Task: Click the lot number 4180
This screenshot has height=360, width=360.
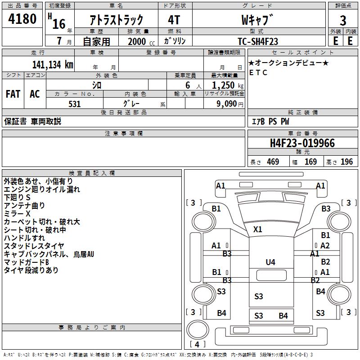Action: click(22, 18)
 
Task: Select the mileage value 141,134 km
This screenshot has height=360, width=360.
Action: click(53, 65)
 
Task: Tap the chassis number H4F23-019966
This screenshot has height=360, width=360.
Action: click(302, 143)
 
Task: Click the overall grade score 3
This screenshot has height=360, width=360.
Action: click(343, 21)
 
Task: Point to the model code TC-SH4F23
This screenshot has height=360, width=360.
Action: click(258, 41)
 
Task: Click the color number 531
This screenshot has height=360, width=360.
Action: click(75, 104)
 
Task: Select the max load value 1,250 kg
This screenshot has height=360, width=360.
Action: click(228, 85)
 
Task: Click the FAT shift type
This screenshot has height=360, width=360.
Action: click(13, 94)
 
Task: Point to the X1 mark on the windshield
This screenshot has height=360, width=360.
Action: click(257, 229)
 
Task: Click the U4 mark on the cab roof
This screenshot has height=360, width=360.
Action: click(270, 262)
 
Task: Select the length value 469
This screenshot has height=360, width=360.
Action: click(273, 162)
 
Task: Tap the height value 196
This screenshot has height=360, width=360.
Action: click(346, 162)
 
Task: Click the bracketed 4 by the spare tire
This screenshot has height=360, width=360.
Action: click(197, 344)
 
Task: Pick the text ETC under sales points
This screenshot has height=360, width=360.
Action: click(258, 72)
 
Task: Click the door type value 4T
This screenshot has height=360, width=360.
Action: click(174, 20)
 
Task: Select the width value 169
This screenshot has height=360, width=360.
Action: click(310, 162)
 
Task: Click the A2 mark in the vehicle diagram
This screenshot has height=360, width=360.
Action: click(325, 246)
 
